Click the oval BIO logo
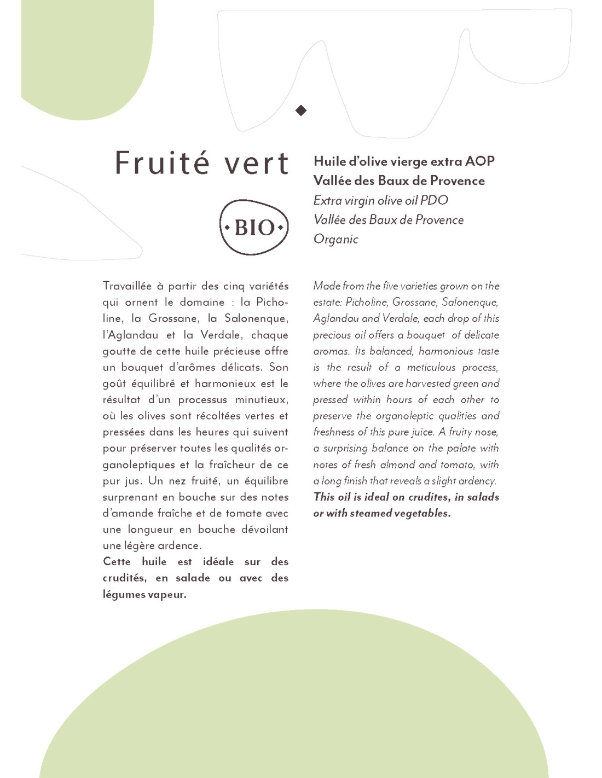254,227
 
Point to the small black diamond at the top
301,111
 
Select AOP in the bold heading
480,161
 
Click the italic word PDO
434,200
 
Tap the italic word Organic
335,240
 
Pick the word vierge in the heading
409,161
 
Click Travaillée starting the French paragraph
127,286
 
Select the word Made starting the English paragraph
327,286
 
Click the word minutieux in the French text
262,400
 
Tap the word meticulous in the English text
431,368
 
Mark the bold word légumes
123,595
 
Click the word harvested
428,384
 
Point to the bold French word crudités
124,578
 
